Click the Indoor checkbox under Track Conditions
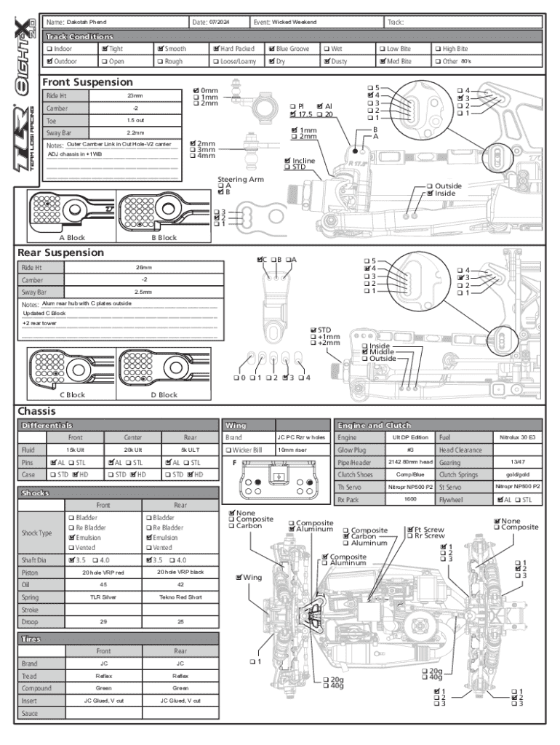coord(47,49)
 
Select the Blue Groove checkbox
coord(271,49)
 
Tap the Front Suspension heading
coord(87,82)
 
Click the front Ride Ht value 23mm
coord(135,96)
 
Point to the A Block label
coord(72,237)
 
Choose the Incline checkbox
coord(288,160)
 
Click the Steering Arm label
coord(240,179)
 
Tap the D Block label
coord(164,394)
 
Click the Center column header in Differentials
coord(132,437)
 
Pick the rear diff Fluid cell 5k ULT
coord(190,450)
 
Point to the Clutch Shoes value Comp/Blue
coord(409,474)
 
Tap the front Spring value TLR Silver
coord(103,597)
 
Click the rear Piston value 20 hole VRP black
coord(180,572)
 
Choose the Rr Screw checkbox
coord(410,536)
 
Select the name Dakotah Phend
coord(87,23)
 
